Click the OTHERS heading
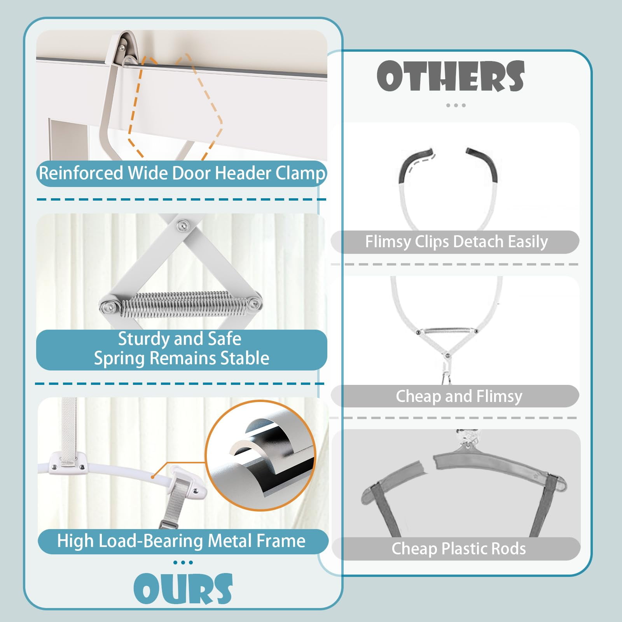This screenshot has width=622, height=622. [x=451, y=76]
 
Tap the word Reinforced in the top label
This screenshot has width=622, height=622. [x=81, y=173]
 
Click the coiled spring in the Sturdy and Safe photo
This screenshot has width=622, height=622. [x=180, y=304]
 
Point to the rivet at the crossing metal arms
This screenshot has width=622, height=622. [x=182, y=225]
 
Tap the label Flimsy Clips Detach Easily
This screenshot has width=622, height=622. [x=456, y=242]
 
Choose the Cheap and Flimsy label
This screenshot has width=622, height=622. [x=459, y=396]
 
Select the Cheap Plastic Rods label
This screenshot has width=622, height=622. [x=459, y=549]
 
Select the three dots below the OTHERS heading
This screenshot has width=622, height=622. [x=456, y=105]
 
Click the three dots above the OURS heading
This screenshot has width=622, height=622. [x=183, y=563]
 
